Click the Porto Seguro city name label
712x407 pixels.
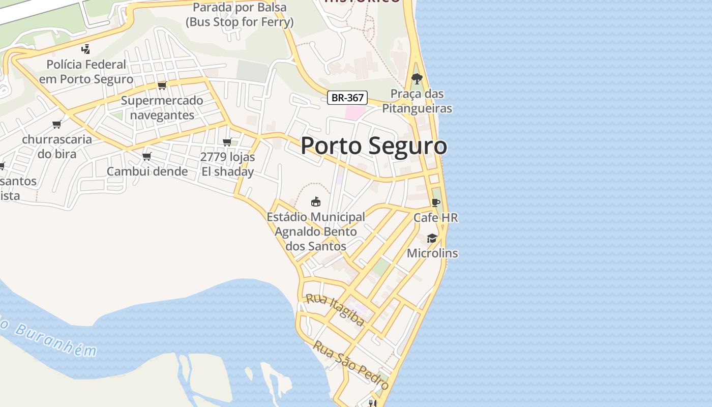374,146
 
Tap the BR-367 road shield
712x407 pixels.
347,98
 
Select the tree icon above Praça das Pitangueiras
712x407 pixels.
417,79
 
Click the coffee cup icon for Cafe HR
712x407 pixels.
435,202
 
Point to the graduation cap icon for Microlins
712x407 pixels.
432,238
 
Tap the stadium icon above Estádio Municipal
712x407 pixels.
315,201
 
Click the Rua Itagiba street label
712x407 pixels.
335,309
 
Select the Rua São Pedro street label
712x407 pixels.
350,365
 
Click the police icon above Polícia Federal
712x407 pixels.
85,49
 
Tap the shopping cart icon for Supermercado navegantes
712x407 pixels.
162,85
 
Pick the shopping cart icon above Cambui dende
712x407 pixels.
146,156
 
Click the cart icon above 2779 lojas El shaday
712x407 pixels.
227,142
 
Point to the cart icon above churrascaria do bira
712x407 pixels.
57,124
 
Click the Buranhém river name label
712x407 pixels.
51,337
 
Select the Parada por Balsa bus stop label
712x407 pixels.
240,15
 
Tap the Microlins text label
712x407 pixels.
432,253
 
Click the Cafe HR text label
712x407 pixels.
435,218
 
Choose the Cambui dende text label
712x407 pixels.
147,171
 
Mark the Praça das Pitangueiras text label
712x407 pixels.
417,101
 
